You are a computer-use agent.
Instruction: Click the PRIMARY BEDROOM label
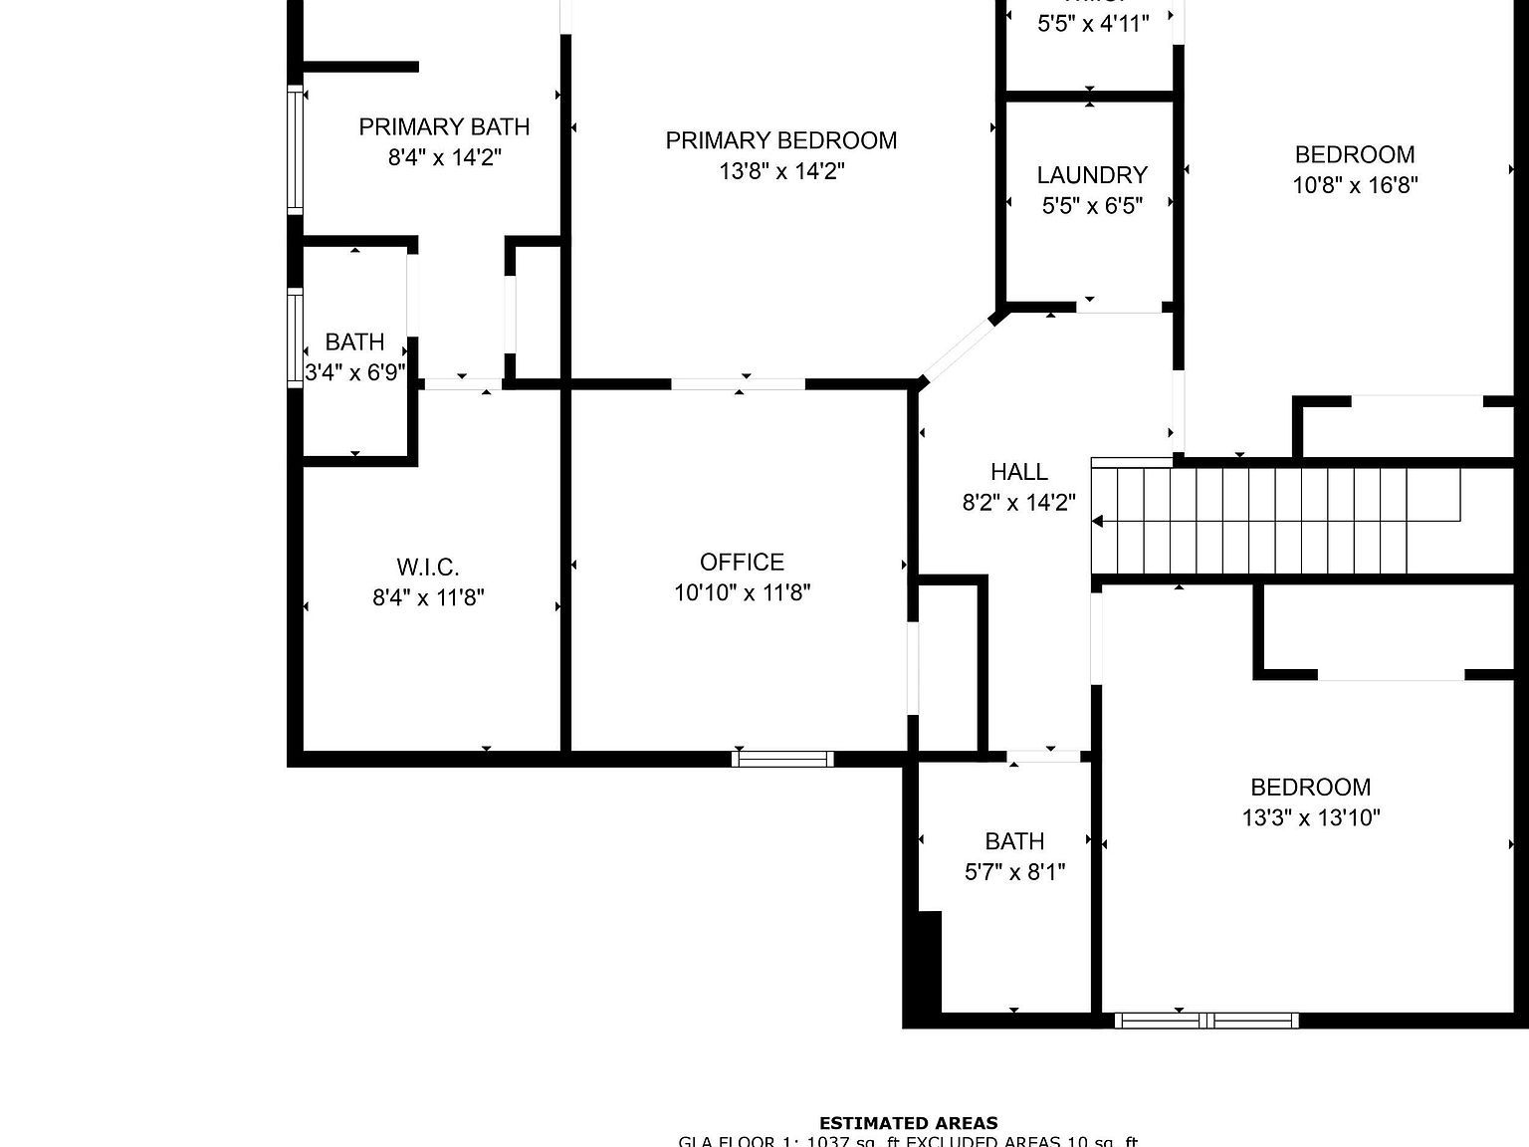point(780,140)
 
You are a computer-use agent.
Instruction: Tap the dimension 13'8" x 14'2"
point(781,171)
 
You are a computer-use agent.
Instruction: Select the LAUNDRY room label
point(1092,175)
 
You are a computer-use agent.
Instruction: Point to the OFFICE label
point(742,562)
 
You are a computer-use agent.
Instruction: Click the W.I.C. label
point(428,568)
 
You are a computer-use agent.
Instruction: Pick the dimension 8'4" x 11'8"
point(428,597)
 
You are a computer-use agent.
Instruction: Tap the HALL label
point(1018,472)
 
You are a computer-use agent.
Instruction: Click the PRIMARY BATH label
point(444,126)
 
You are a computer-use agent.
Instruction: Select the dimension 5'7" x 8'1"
point(1014,872)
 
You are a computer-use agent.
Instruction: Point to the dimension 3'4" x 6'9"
point(354,373)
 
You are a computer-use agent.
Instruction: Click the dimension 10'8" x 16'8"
point(1355,185)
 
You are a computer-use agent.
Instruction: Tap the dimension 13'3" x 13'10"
point(1310,818)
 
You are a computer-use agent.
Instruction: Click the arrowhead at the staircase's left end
point(1098,521)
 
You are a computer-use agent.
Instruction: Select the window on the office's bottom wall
point(782,760)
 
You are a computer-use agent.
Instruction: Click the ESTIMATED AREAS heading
point(908,1123)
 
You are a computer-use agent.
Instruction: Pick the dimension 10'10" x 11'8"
point(742,592)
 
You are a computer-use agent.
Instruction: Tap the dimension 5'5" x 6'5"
point(1092,206)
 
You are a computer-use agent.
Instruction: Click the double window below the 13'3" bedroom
point(1206,1020)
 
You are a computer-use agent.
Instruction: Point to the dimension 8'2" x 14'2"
point(1018,503)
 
